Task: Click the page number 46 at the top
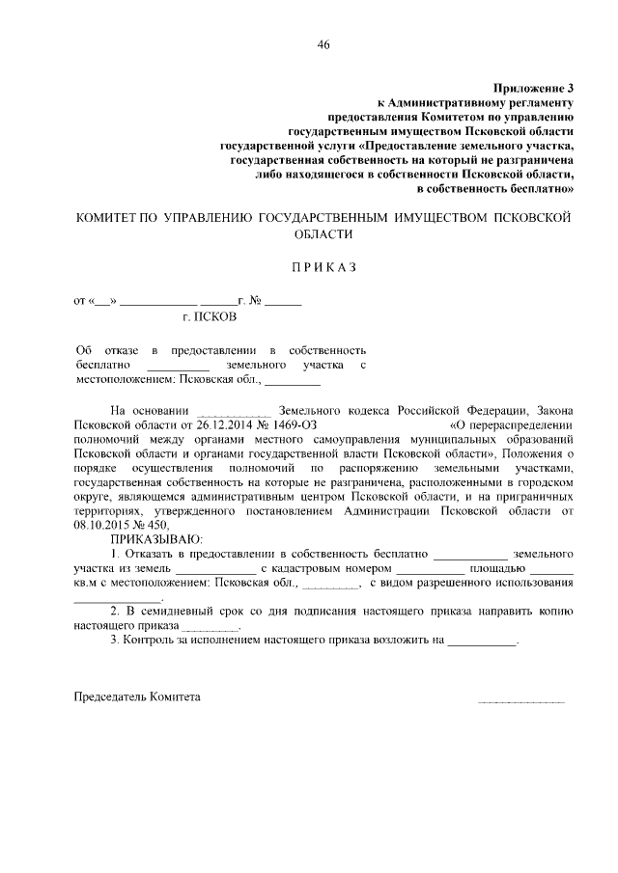click(x=323, y=45)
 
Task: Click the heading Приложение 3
click(x=534, y=88)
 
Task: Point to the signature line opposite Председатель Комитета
click(x=521, y=701)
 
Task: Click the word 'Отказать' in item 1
click(x=150, y=555)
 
